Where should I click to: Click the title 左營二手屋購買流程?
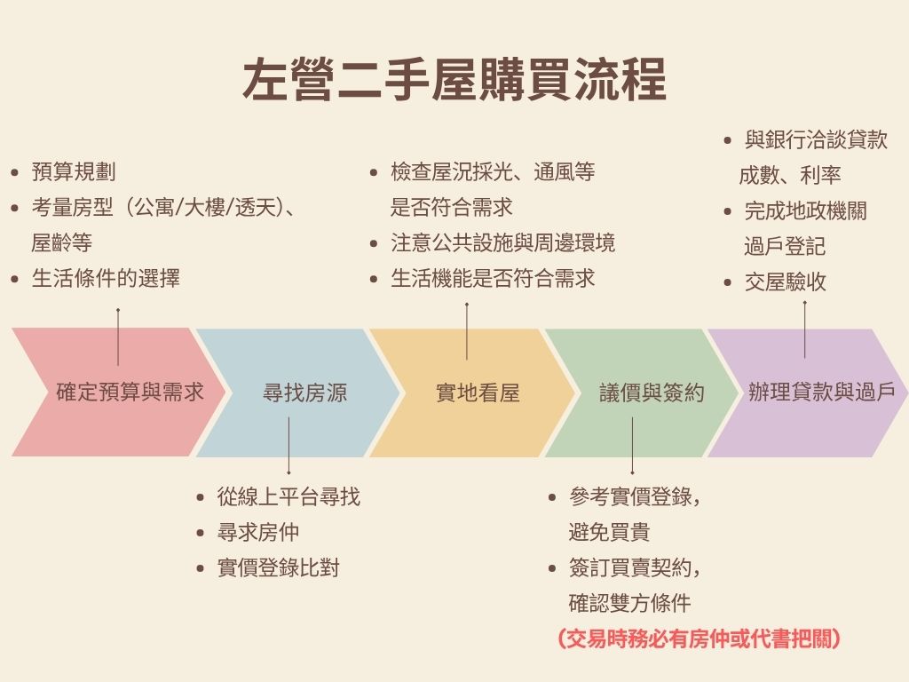[x=454, y=79]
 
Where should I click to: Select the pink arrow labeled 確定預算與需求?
[x=119, y=392]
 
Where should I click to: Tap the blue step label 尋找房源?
[x=305, y=393]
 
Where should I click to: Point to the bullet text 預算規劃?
[x=74, y=171]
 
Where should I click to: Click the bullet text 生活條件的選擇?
[x=106, y=278]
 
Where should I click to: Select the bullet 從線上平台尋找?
[x=289, y=496]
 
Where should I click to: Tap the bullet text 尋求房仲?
[x=258, y=532]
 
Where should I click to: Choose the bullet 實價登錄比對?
[x=278, y=567]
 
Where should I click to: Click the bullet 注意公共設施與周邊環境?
[x=502, y=242]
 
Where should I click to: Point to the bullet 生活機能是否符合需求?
[x=493, y=278]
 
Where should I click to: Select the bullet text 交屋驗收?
[x=786, y=282]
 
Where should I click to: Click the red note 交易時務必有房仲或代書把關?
[x=699, y=638]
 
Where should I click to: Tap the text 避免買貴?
[x=609, y=532]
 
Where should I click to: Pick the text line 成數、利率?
[x=789, y=175]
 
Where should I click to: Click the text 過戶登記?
[x=785, y=246]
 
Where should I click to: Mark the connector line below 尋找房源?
[x=289, y=446]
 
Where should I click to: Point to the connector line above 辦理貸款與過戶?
[x=804, y=330]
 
